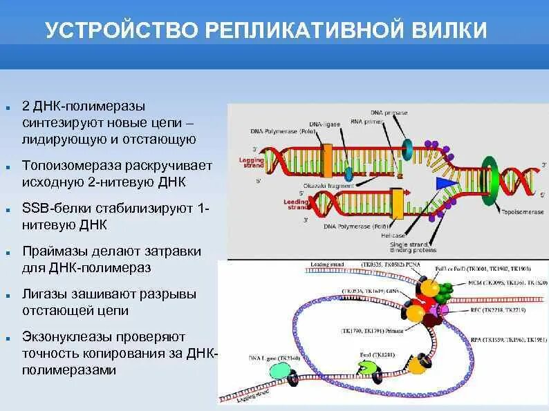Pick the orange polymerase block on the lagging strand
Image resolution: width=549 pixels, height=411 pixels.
coord(327,156)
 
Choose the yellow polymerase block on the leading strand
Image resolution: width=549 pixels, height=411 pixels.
coord(398,203)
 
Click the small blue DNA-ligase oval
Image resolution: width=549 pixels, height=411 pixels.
coord(348,173)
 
